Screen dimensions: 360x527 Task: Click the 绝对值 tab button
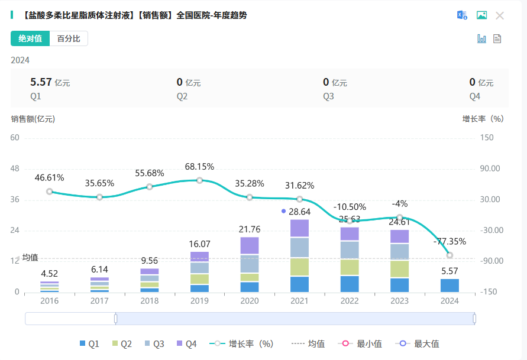pos(30,39)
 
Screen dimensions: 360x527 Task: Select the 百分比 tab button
pos(69,39)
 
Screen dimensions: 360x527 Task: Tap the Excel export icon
pos(462,15)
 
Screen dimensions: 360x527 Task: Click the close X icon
pos(500,15)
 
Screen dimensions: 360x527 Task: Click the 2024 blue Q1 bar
pos(450,286)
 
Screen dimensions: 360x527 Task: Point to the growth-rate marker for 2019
pos(200,180)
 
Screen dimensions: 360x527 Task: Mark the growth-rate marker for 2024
pos(450,255)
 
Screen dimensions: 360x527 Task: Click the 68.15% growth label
pos(199,167)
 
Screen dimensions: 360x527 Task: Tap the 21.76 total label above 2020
pos(250,229)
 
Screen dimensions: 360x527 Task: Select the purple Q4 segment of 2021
pos(299,228)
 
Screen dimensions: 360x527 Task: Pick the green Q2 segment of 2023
pos(399,269)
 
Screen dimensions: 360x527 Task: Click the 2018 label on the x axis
pos(150,300)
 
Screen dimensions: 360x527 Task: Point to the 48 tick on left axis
pos(15,168)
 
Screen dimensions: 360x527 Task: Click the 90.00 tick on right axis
pos(490,168)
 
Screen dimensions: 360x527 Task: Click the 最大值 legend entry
pos(419,343)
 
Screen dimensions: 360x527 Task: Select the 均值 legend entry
pos(308,343)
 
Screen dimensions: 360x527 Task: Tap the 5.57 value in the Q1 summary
pos(41,82)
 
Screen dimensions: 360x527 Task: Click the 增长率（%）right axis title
pos(483,119)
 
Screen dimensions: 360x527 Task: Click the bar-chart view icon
pos(481,39)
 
